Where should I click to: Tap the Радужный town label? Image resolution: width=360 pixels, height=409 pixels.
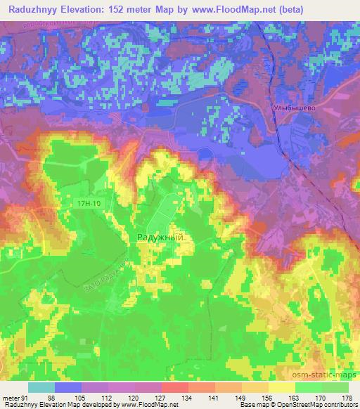[159, 238]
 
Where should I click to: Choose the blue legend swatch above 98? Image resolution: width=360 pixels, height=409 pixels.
[68, 388]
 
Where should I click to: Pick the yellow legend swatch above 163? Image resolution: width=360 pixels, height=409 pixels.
[282, 388]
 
